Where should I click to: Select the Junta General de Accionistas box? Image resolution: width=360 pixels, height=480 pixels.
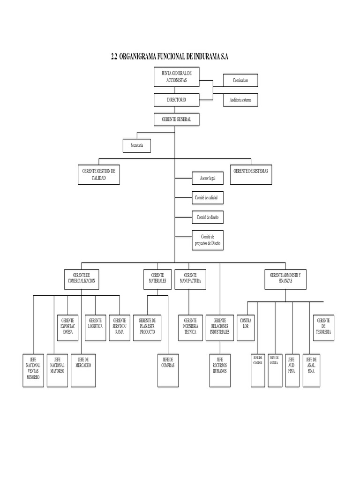(x=176, y=77)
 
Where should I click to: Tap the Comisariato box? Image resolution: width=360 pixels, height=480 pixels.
(x=240, y=81)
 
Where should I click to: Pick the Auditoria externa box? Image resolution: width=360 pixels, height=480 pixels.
(x=240, y=100)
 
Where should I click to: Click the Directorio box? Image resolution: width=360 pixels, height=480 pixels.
(x=176, y=100)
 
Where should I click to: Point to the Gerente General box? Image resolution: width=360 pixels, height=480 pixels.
(x=176, y=120)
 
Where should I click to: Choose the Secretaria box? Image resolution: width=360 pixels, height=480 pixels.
(x=137, y=146)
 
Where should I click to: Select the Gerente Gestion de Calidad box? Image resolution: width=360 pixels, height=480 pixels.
(x=99, y=174)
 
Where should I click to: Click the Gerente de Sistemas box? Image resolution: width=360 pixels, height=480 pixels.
(x=251, y=174)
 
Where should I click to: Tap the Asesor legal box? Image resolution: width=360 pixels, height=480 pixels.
(x=208, y=179)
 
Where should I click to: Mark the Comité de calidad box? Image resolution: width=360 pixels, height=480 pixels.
(x=208, y=198)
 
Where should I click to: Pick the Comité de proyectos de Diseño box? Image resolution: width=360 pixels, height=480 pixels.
(x=208, y=240)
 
